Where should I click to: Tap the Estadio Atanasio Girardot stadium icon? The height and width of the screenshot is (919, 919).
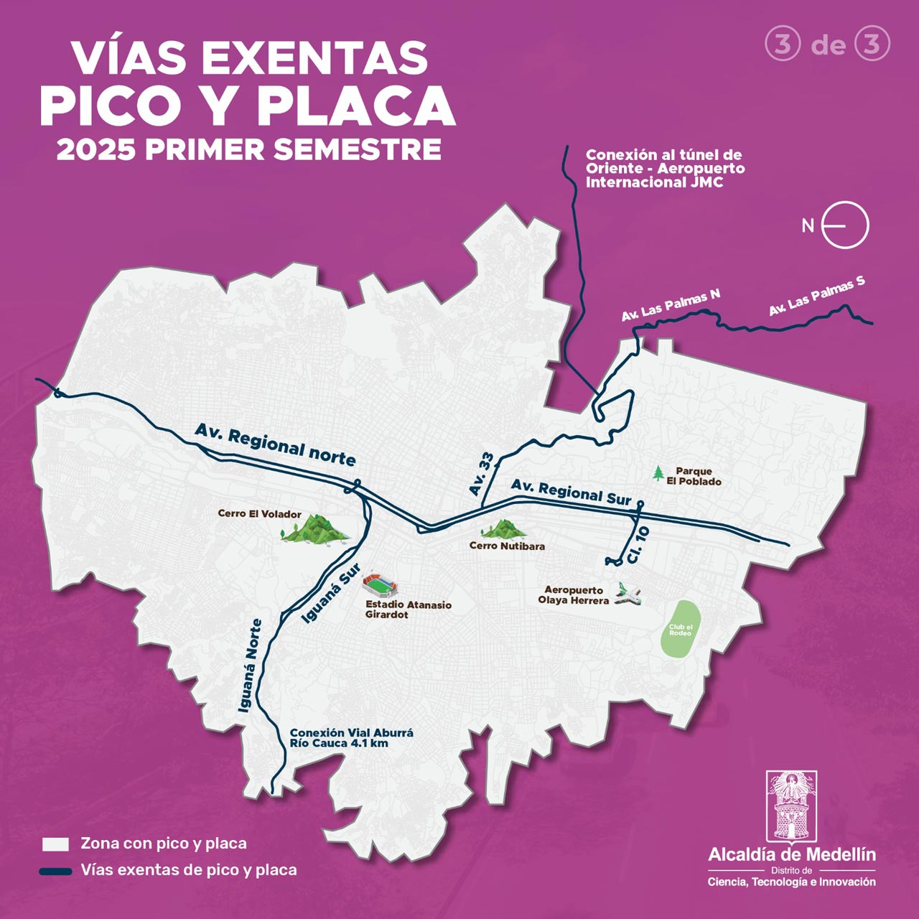coord(378,585)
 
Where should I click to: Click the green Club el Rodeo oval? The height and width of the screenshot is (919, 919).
coord(680,629)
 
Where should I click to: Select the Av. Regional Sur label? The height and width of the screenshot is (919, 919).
coord(571,492)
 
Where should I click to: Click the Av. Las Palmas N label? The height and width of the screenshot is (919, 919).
coord(671,305)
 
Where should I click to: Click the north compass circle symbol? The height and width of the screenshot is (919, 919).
coord(846,225)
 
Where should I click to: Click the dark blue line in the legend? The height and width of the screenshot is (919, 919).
coord(56,871)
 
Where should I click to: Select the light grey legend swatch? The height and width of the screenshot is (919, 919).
coord(55,844)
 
